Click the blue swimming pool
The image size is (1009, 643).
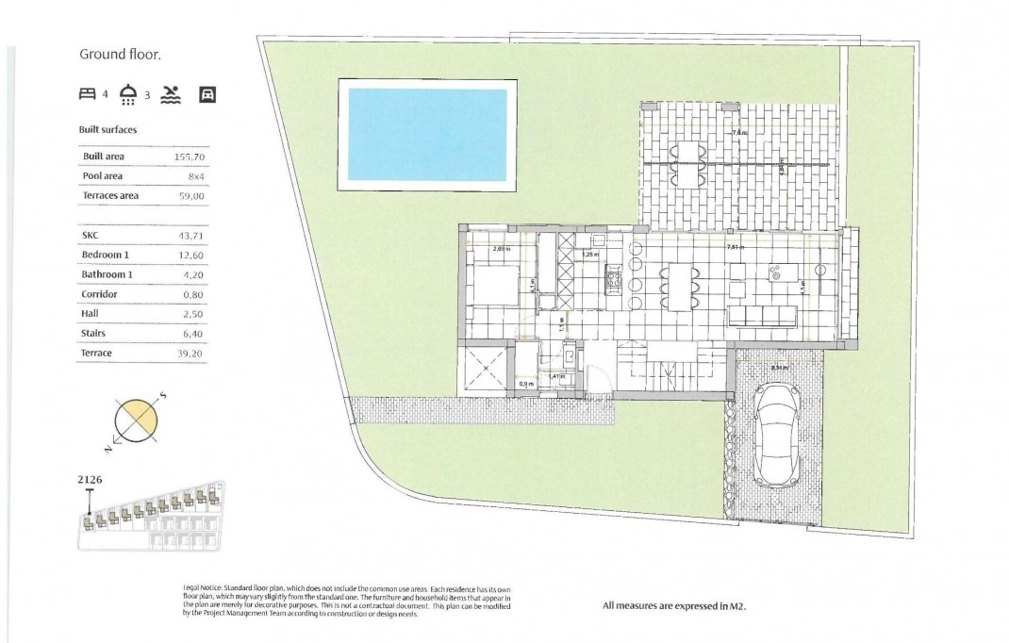[x=427, y=134]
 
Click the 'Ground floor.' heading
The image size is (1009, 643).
[x=120, y=55]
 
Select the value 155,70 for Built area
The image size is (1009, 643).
[x=190, y=156]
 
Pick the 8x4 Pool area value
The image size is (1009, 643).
[x=196, y=175]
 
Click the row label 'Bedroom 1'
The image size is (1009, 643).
[x=106, y=255]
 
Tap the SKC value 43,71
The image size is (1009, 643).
[x=190, y=235]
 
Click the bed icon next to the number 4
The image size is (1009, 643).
[x=88, y=94]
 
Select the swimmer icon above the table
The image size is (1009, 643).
[x=171, y=94]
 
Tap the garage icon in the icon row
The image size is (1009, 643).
[x=208, y=94]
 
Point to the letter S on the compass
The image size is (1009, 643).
[x=162, y=396]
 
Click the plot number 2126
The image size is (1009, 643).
[x=90, y=479]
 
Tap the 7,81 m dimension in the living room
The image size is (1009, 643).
[x=736, y=247]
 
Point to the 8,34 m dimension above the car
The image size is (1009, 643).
[x=779, y=368]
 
